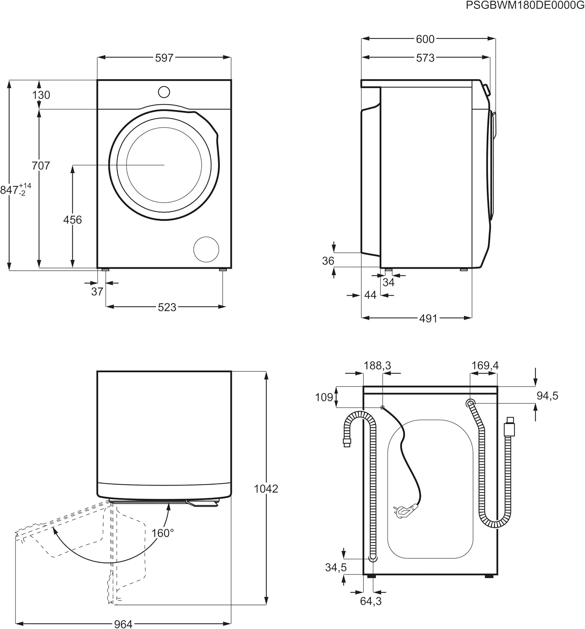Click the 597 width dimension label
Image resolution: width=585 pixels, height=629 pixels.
click(x=164, y=58)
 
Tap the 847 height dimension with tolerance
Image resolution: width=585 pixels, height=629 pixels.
click(x=16, y=190)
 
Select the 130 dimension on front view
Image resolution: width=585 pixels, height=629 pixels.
click(x=41, y=95)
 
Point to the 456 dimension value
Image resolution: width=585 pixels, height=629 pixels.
click(x=72, y=219)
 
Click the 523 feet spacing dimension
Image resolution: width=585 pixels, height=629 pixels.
click(x=167, y=307)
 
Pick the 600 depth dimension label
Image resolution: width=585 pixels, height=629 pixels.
click(x=425, y=39)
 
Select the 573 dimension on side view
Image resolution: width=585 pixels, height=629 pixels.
click(x=425, y=58)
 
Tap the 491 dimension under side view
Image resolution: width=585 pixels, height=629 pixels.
click(x=428, y=319)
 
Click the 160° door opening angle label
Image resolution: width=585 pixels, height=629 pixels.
click(x=163, y=533)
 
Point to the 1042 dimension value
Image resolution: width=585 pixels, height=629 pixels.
click(x=266, y=489)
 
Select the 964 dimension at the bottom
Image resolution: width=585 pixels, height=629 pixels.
click(x=123, y=624)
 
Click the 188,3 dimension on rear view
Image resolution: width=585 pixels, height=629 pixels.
click(x=377, y=366)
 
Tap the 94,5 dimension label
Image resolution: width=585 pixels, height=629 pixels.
click(x=547, y=395)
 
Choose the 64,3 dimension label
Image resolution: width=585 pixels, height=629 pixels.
click(x=371, y=601)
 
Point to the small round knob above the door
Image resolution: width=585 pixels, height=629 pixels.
click(x=164, y=92)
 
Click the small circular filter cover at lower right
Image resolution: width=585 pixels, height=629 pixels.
click(x=206, y=249)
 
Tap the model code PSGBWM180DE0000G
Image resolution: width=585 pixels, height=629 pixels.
click(x=524, y=5)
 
